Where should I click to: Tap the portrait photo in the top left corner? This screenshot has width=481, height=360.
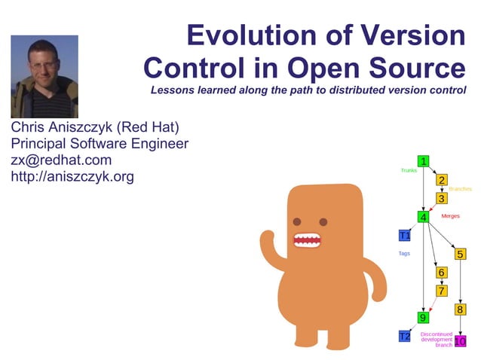44,76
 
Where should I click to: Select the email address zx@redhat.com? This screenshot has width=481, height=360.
61,160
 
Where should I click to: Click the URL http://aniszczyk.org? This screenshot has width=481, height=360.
72,177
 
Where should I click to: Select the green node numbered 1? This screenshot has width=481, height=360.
424,160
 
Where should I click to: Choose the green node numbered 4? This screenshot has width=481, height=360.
424,217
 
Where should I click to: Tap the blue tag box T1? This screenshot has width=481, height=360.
404,235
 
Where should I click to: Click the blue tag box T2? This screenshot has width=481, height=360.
404,336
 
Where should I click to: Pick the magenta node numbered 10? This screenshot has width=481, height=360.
460,341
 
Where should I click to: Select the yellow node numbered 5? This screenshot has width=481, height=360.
460,254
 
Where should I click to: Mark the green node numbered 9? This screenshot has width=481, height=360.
424,317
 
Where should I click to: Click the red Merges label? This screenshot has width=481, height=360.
450,216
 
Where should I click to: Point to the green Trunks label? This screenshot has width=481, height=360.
409,170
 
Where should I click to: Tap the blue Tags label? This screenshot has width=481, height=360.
404,254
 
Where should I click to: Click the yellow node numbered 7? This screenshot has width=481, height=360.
442,290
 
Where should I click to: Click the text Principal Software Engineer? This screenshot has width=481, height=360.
100,143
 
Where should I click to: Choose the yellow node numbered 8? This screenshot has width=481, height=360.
460,309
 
